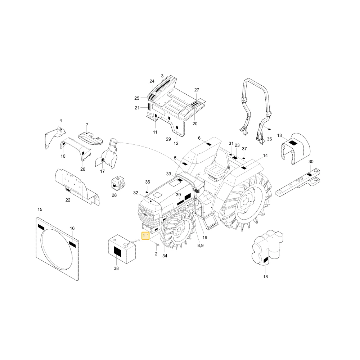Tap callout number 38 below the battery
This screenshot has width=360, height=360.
(116, 269)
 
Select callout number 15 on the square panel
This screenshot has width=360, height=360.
(40, 210)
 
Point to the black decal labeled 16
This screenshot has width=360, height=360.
(72, 244)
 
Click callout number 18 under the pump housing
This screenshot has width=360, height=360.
(265, 277)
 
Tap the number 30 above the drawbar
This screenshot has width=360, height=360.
(311, 162)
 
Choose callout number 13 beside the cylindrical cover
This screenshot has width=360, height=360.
(279, 136)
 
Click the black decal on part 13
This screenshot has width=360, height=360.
(293, 143)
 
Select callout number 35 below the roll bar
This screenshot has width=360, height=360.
(270, 139)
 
